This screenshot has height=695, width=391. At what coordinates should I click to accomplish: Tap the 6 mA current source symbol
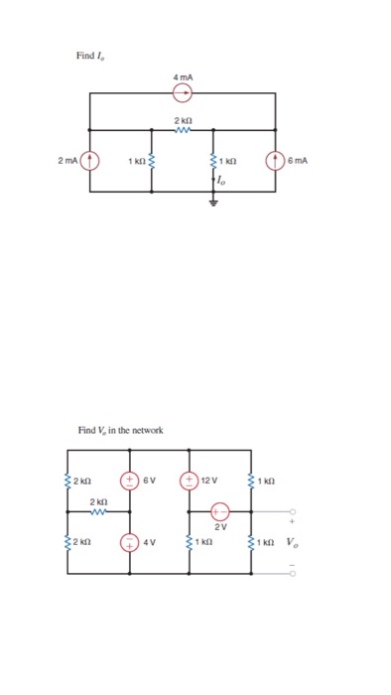coord(275,160)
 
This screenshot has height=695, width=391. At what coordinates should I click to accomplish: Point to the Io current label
coord(219,181)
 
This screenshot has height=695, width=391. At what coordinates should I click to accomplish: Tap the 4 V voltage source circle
coord(129,543)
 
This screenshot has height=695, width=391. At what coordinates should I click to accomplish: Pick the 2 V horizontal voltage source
coord(220,512)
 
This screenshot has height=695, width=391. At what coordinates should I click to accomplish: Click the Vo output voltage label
coord(290,543)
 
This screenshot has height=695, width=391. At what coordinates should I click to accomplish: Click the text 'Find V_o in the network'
coord(120,430)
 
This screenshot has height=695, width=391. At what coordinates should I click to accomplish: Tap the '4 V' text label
coord(149,543)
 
